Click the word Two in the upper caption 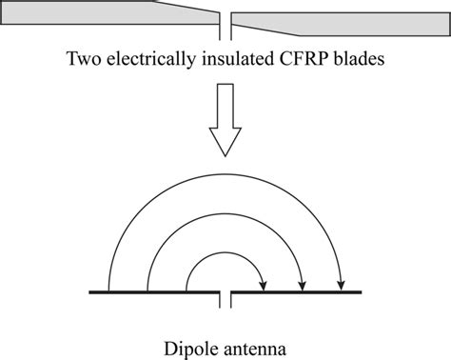point(83,58)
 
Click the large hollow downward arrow point(225,119)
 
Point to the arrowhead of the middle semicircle point(303,283)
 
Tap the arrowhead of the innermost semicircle point(265,283)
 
